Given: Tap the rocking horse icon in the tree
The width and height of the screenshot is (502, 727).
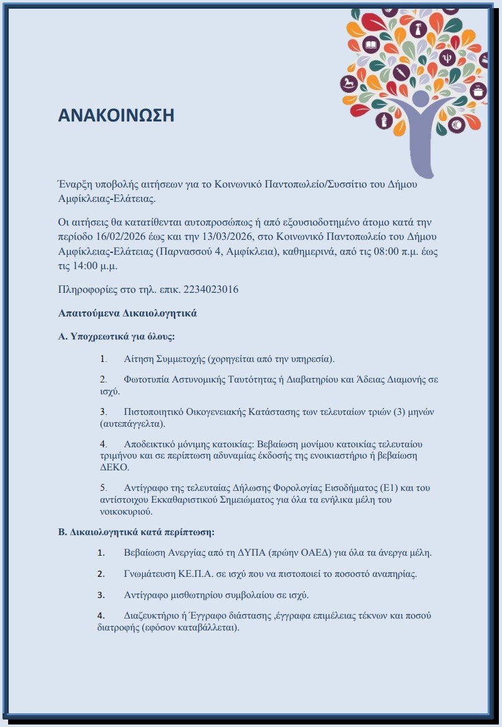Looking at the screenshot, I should coord(349,83).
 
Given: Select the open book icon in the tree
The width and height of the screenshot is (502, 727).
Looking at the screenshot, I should coord(371,45).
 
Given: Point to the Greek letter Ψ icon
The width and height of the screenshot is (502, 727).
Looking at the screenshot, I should coord(446,59).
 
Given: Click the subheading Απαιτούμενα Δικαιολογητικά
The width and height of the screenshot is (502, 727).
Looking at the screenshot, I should coord(127,313).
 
